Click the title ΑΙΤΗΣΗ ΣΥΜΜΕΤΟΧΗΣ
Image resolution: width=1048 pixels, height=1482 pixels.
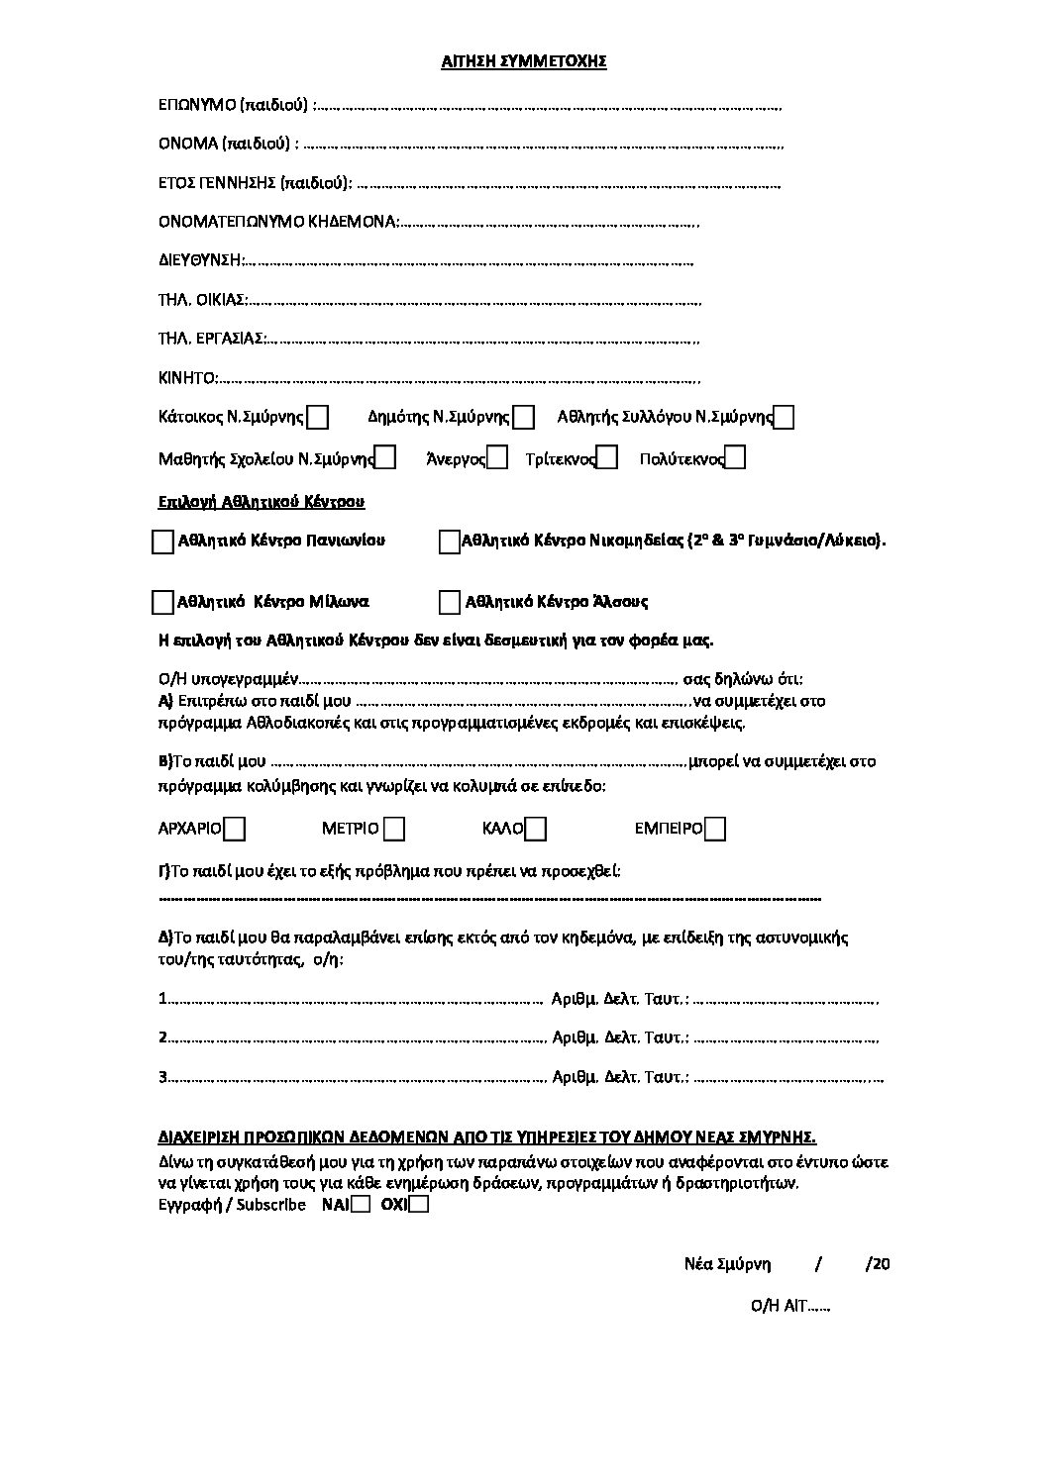[x=523, y=61]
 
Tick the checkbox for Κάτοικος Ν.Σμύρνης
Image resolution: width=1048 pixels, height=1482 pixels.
[x=317, y=418]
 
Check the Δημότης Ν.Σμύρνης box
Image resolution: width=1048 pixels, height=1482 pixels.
[x=524, y=418]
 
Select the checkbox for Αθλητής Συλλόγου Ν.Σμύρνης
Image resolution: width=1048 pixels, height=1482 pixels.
[x=784, y=418]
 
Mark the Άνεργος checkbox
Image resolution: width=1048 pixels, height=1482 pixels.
[x=498, y=457]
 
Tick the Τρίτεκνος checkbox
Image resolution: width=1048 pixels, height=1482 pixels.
[x=607, y=457]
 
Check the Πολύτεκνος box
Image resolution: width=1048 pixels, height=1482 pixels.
[x=735, y=457]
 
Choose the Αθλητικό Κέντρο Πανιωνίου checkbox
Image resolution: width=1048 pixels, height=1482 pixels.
[x=162, y=542]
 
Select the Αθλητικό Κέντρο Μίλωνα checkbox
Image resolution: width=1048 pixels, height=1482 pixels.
[x=162, y=602]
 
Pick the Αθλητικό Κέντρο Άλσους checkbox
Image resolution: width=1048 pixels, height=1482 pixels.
[x=450, y=602]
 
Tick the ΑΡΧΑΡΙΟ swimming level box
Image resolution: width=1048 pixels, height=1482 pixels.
[x=235, y=828]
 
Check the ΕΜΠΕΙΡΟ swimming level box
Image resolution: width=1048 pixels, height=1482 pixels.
[x=714, y=828]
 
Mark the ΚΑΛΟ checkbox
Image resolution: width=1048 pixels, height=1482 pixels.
[x=536, y=828]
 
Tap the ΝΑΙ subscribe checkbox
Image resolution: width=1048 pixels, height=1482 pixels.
[x=362, y=1205]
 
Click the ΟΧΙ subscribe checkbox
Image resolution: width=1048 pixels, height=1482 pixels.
[x=419, y=1205]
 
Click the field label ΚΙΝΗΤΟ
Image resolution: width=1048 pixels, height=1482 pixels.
[x=186, y=378]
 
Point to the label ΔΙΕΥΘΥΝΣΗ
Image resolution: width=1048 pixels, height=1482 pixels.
[x=199, y=260]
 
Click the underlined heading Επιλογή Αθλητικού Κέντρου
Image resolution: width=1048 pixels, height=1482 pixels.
[x=262, y=502]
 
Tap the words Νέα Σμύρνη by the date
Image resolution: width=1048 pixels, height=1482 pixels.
[x=726, y=1264]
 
